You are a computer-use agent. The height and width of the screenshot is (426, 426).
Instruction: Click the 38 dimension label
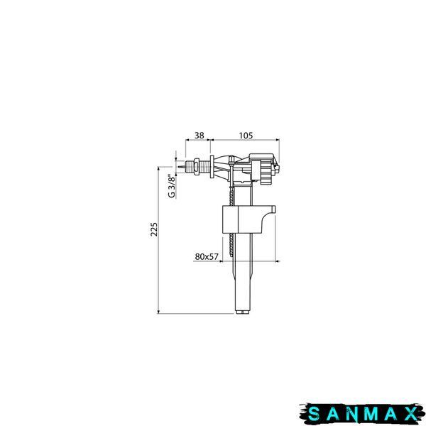click(x=199, y=135)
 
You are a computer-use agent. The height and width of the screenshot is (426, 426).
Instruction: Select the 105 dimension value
click(x=246, y=135)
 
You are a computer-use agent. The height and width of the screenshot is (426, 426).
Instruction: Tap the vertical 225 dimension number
click(x=154, y=229)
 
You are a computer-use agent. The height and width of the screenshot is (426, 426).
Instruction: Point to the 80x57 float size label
click(x=207, y=256)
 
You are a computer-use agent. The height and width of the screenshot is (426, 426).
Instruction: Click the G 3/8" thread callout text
click(x=172, y=186)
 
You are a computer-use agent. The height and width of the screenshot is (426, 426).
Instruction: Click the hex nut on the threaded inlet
click(x=196, y=166)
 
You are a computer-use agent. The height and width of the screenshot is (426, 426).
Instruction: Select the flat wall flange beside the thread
click(x=212, y=167)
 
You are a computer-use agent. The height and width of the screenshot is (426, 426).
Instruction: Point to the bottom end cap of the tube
click(x=243, y=310)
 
